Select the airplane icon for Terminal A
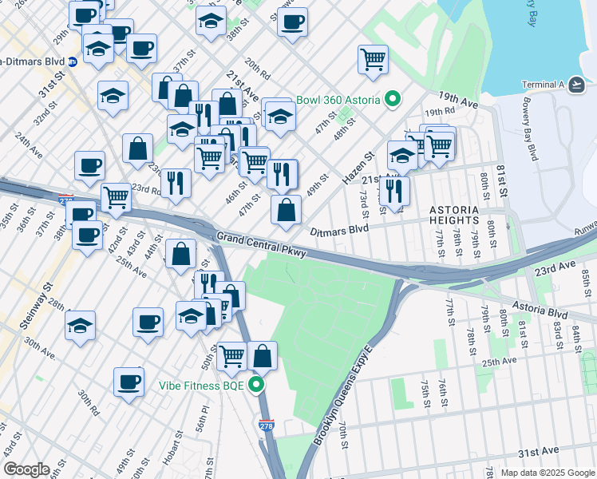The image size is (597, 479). click(576, 85)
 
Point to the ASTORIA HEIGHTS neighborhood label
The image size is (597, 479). click(455, 214)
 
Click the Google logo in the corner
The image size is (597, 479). click(26, 469)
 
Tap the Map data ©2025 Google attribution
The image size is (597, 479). click(548, 473)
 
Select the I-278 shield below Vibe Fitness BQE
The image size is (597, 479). click(267, 427)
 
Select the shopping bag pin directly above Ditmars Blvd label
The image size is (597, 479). click(286, 211)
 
